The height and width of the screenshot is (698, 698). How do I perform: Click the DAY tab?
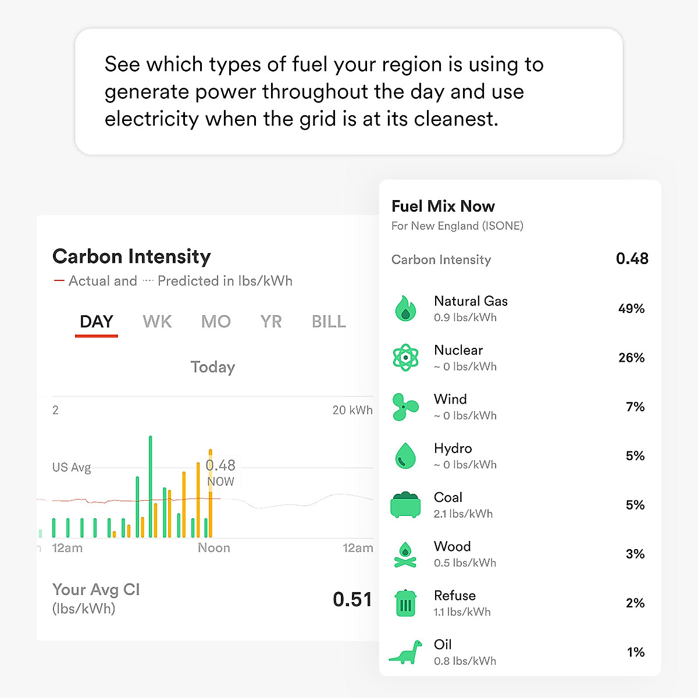pyautogui.click(x=97, y=322)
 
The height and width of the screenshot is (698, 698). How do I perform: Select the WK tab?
pyautogui.click(x=157, y=322)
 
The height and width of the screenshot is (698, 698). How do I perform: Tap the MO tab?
pyautogui.click(x=216, y=322)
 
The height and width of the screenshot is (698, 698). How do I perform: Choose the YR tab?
pyautogui.click(x=271, y=322)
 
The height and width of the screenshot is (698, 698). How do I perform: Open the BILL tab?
pyautogui.click(x=329, y=322)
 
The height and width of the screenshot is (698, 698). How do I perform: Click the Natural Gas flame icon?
pyautogui.click(x=405, y=308)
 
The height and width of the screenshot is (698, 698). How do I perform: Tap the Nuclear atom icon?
pyautogui.click(x=405, y=357)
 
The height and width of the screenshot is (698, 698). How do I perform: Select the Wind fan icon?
pyautogui.click(x=405, y=407)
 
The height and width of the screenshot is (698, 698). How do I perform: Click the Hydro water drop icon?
pyautogui.click(x=405, y=455)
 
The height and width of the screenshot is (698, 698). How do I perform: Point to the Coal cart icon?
pyautogui.click(x=405, y=504)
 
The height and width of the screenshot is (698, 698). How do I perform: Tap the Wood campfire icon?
pyautogui.click(x=405, y=554)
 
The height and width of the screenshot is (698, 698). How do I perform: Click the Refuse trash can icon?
pyautogui.click(x=405, y=603)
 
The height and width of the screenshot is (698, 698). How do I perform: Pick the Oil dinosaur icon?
pyautogui.click(x=405, y=652)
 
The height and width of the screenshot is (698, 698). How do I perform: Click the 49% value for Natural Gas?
pyautogui.click(x=631, y=309)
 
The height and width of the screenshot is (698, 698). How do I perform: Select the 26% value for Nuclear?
pyautogui.click(x=631, y=358)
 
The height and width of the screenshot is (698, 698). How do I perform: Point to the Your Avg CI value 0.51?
pyautogui.click(x=352, y=599)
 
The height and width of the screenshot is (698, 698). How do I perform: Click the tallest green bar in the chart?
pyautogui.click(x=151, y=486)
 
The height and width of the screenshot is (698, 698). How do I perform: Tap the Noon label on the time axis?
pyautogui.click(x=214, y=548)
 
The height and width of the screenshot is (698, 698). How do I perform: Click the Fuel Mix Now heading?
pyautogui.click(x=443, y=206)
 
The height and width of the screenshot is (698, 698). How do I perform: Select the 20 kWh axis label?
pyautogui.click(x=352, y=410)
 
